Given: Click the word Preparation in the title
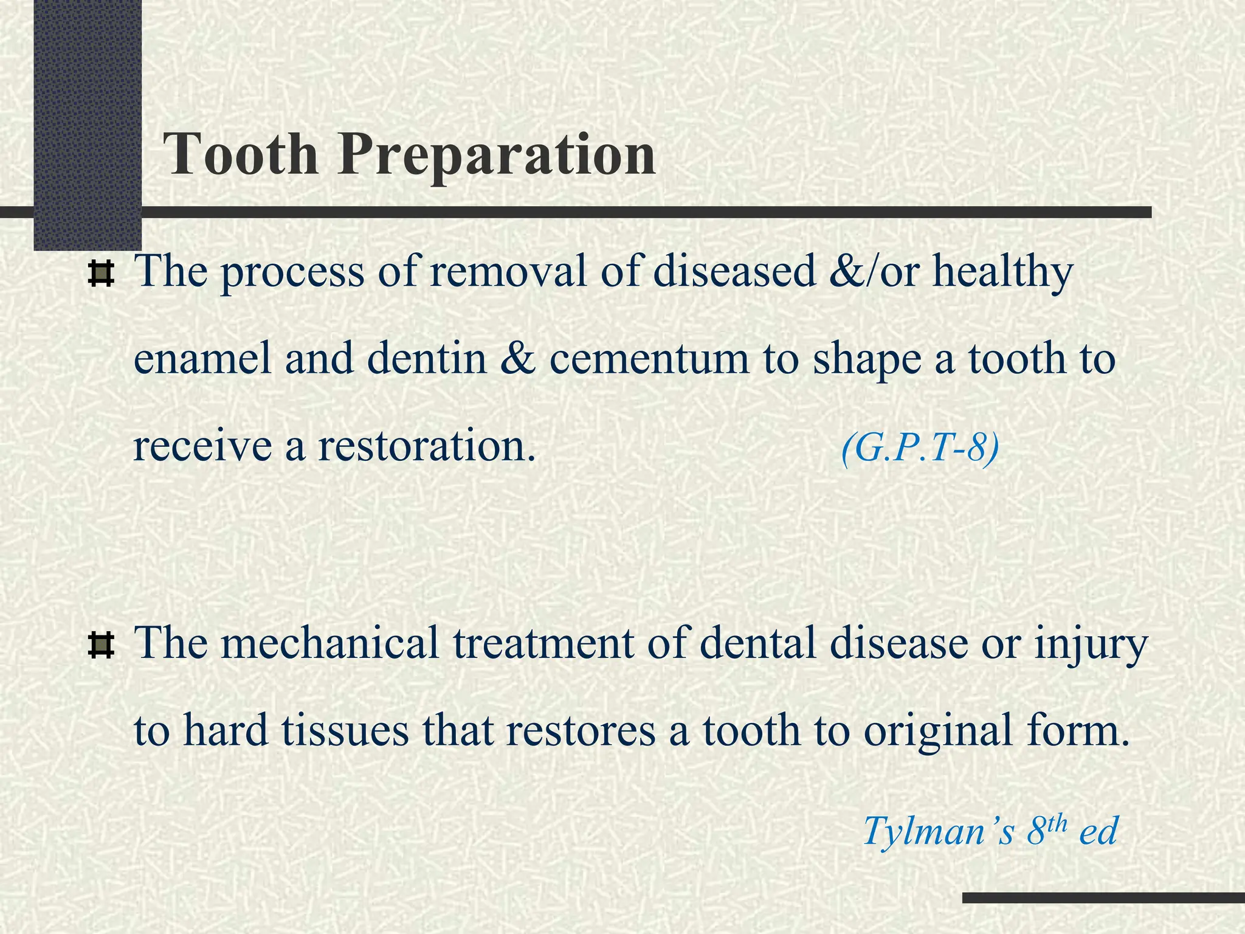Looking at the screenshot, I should point(497,157).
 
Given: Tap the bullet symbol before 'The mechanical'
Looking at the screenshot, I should point(101,646).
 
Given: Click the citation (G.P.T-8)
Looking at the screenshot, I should point(920,449).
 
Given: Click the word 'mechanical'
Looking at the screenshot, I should point(330,643).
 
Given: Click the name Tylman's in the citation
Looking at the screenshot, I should point(938,831).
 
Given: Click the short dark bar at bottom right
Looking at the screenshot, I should point(1103,898).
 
